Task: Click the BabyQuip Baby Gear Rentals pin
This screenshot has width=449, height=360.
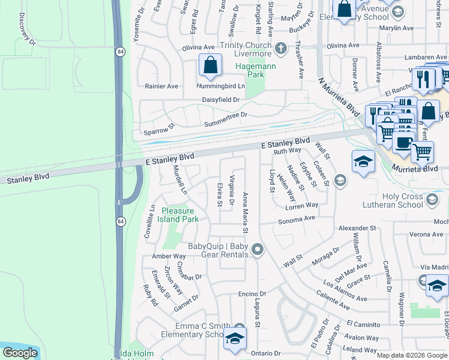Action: pos(258,248)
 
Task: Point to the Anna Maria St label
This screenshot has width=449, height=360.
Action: pos(245,213)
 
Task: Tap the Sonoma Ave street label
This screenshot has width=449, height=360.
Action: pos(296,221)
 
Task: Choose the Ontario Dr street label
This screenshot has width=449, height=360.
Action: pos(265,353)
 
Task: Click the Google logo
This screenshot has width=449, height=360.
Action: pos(20,353)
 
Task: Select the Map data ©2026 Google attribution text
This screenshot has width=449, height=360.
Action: pos(412,355)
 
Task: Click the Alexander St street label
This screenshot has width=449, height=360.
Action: pos(357,229)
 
